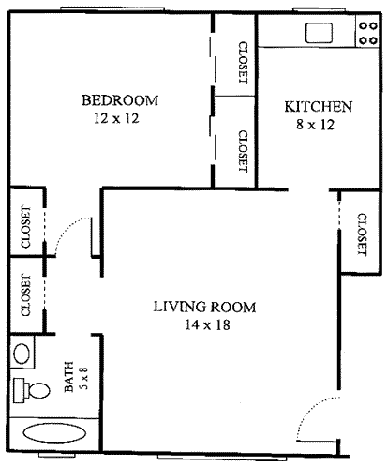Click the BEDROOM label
pos(120,100)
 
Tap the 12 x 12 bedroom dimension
pos(116,118)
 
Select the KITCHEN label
pos(319,107)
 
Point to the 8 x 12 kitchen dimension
pos(316,125)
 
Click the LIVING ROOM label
pos(205,307)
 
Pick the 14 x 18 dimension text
pos(208,324)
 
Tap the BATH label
pos(68,377)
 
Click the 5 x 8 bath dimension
pos(84,378)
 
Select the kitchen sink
pos(319,33)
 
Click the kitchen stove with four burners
pos(368,32)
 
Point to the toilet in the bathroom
pos(31,390)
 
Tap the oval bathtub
pos(54,433)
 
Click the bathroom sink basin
pos(22,354)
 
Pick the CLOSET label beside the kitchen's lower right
pos(362,234)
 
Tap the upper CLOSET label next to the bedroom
pos(243,63)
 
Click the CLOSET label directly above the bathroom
pos(26,295)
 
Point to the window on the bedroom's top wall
pos(112,8)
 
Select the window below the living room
pos(222,457)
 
